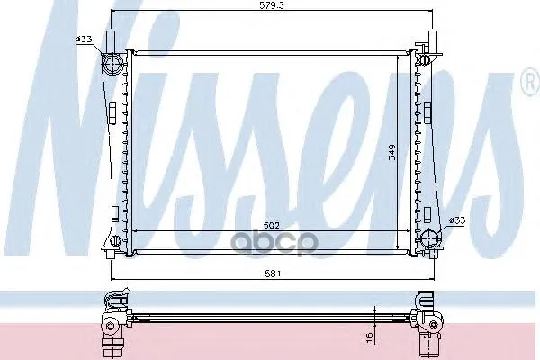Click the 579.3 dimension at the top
click(272, 5)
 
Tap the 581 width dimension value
click(273, 274)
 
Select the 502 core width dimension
click(272, 226)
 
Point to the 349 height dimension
click(391, 152)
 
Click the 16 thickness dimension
click(370, 337)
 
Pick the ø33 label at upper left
click(84, 40)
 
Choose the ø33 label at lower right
click(457, 220)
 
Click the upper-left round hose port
click(112, 65)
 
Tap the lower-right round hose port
click(431, 238)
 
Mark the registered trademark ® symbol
click(533, 83)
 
